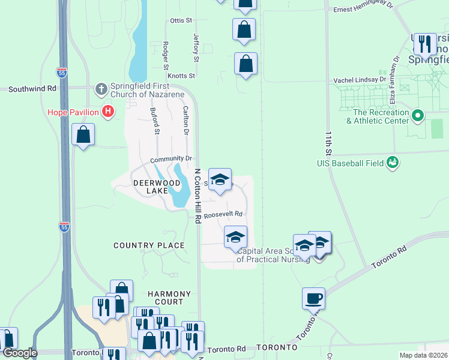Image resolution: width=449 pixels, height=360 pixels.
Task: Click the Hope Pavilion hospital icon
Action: click(108, 111)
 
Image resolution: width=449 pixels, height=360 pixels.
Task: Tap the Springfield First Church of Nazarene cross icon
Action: click(101, 89)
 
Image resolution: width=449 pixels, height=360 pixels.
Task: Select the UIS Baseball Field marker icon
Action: click(393, 162)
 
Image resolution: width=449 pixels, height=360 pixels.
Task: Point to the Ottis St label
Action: click(181, 20)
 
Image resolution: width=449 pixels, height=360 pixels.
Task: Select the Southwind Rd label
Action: click(32, 88)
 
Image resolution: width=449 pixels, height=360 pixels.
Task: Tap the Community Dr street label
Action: click(170, 159)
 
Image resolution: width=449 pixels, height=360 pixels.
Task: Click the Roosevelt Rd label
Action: click(223, 214)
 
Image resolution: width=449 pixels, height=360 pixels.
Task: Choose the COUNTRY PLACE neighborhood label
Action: click(149, 245)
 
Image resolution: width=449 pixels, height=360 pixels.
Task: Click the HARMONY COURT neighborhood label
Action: click(169, 299)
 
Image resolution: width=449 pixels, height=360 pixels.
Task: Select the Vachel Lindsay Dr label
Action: click(360, 80)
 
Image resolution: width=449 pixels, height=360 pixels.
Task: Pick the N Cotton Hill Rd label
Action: click(197, 196)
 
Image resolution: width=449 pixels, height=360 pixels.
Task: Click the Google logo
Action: click(19, 353)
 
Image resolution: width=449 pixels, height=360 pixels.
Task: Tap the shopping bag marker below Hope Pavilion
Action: click(83, 134)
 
